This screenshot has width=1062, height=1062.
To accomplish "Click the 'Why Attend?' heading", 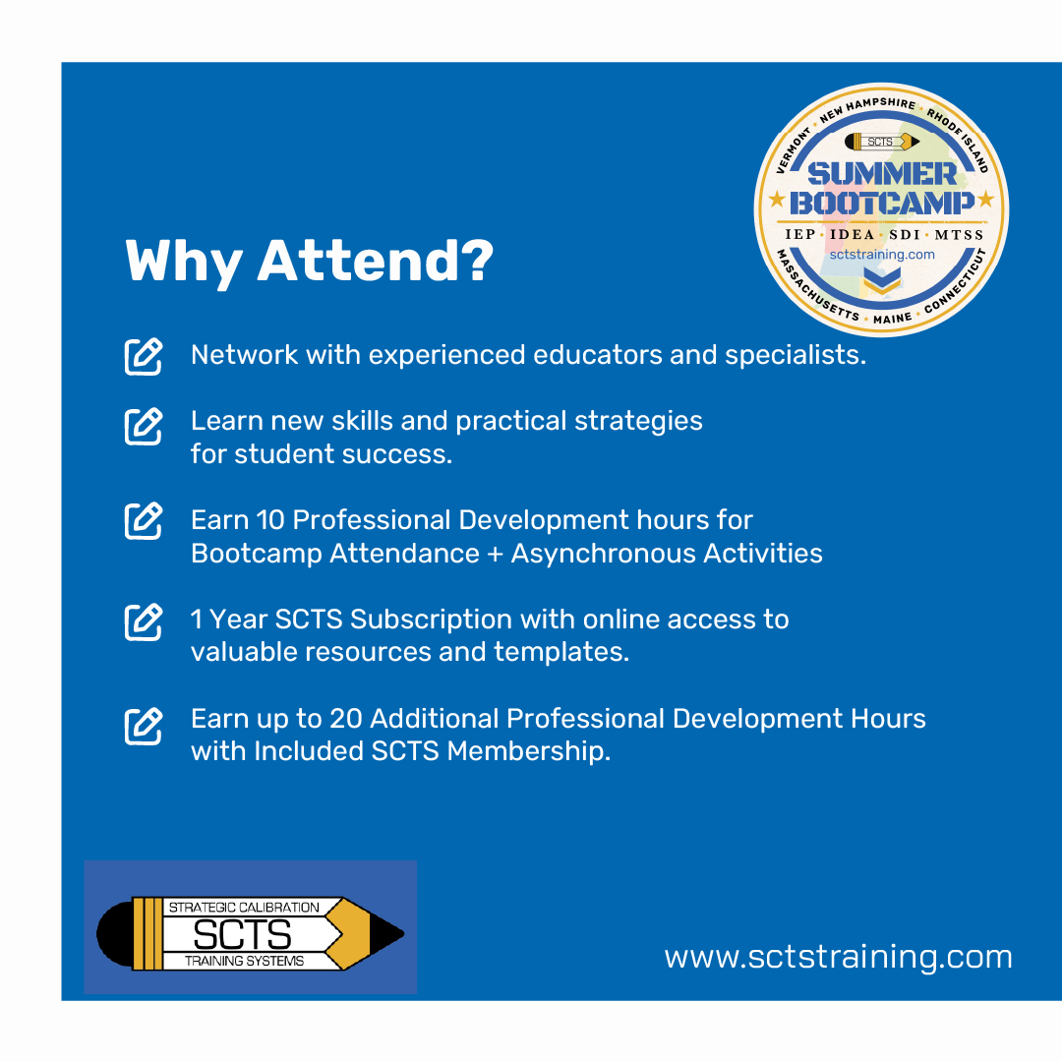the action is [x=310, y=262].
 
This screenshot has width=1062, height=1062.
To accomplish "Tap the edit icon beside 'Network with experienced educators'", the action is [x=144, y=356].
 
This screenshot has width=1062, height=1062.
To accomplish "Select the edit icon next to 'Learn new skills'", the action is [x=144, y=426].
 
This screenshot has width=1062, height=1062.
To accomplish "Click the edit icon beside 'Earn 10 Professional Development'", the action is [x=144, y=521].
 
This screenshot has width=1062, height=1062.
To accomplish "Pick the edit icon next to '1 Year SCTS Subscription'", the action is [x=144, y=621].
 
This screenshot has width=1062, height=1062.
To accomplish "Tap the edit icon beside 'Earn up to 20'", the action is [x=144, y=726].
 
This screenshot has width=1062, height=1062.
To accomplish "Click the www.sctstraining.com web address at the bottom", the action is [x=839, y=957].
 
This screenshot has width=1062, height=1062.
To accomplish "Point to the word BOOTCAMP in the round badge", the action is [x=882, y=203].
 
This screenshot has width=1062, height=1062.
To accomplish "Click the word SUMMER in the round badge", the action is [x=882, y=173].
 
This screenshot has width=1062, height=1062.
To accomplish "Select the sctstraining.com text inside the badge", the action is [x=882, y=255].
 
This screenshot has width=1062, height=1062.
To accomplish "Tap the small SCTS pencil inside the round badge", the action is [x=882, y=142].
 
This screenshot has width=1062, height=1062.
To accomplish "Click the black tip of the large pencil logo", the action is [x=387, y=933].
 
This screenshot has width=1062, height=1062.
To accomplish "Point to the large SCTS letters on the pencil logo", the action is [x=243, y=935].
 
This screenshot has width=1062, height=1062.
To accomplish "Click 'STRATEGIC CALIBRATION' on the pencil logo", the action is [x=244, y=907].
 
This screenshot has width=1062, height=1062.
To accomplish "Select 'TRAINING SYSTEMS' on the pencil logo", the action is [x=245, y=961].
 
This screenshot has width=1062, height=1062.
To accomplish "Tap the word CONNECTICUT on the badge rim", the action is [x=954, y=285].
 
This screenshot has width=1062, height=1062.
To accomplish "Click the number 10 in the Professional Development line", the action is [x=270, y=520].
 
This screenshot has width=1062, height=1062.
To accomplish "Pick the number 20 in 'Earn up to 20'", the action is [x=346, y=719].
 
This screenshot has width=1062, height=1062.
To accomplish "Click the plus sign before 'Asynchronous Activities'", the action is [x=495, y=554].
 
